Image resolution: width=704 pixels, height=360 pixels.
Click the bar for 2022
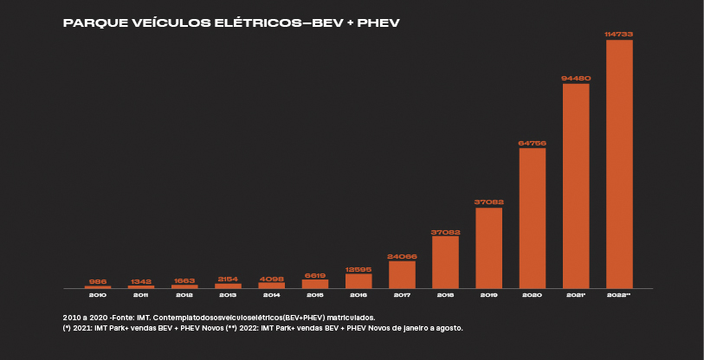[x=619, y=164]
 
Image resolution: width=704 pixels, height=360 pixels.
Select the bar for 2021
[x=576, y=186]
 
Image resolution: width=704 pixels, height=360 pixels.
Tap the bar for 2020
[x=533, y=218]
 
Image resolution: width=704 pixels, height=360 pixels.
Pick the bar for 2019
[x=488, y=248]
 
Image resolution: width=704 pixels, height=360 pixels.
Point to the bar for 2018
[x=445, y=262]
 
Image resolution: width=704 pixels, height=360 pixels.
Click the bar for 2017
[x=402, y=274]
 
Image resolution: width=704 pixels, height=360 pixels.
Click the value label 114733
[x=619, y=34]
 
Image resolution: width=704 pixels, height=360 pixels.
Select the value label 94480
[x=576, y=78]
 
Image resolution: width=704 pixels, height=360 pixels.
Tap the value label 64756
[x=533, y=143]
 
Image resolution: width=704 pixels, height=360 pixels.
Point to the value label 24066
[x=402, y=256]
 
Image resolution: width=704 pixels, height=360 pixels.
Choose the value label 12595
[x=358, y=268]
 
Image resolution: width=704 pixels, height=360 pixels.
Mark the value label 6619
[x=315, y=274]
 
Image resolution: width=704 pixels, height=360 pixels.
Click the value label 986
[x=98, y=281]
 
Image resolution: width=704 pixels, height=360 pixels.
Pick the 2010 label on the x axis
[x=98, y=296]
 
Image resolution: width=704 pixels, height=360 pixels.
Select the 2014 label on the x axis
[x=272, y=296]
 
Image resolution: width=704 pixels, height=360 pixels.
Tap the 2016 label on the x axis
[x=358, y=296]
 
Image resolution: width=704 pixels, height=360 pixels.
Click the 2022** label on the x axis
[x=619, y=296]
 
